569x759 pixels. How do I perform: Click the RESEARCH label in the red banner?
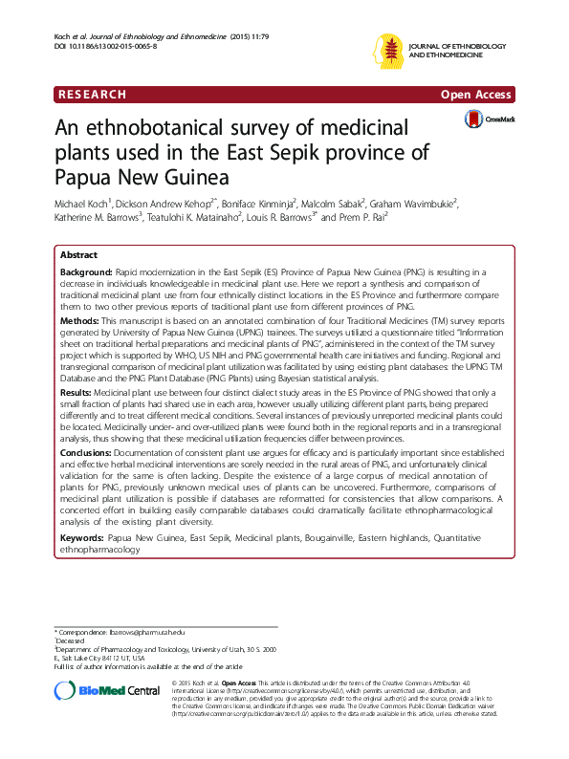pos(92,95)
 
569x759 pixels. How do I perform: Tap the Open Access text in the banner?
pos(476,95)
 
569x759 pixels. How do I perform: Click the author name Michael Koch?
pos(83,203)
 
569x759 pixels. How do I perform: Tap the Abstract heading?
pos(78,256)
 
